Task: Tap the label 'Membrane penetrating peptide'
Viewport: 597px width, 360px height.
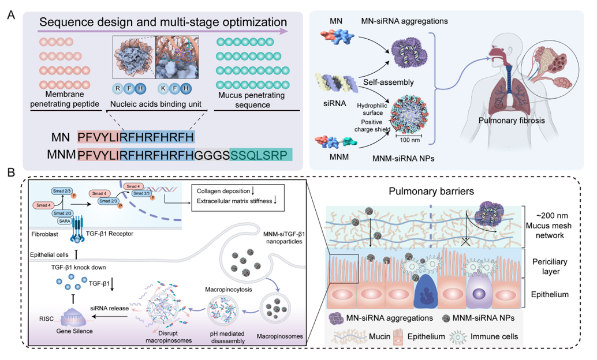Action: click(61, 99)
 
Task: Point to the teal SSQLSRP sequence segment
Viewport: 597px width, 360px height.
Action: click(261, 155)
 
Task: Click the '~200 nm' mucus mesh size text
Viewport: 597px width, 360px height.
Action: click(554, 215)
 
